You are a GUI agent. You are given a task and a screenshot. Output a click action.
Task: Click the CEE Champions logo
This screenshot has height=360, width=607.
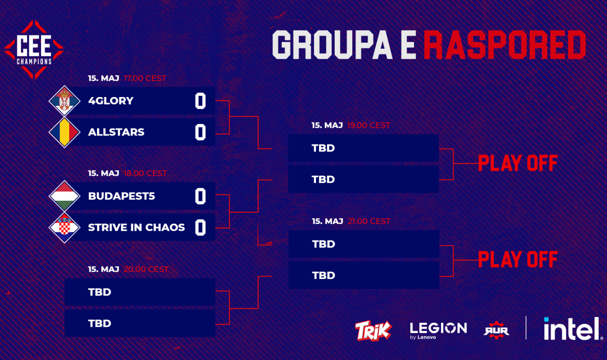click(34, 50)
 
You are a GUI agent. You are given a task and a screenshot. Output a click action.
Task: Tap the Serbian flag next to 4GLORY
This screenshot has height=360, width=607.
click(64, 101)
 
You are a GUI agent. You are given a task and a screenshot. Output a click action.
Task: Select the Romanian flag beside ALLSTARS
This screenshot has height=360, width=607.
click(64, 132)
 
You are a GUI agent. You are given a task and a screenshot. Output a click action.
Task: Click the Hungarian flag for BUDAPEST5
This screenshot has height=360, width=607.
click(64, 196)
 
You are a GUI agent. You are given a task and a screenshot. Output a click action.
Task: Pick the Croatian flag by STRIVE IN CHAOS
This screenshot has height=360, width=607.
click(64, 227)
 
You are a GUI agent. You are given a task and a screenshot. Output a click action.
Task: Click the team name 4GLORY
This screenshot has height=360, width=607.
click(111, 101)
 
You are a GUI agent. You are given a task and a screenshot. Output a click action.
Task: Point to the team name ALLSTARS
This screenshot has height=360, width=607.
click(116, 132)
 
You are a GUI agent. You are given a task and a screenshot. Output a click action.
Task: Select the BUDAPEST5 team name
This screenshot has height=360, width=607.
click(121, 196)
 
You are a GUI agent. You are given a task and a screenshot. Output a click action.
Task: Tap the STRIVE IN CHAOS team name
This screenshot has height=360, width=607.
click(136, 227)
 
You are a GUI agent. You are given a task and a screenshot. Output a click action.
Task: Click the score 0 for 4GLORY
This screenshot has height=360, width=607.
click(200, 101)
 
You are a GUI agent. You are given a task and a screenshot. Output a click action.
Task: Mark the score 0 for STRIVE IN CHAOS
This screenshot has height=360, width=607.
click(200, 228)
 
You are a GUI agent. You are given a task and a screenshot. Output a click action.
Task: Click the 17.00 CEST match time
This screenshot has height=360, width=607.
click(145, 78)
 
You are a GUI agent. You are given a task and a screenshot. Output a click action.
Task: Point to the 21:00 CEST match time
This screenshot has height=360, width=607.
click(369, 221)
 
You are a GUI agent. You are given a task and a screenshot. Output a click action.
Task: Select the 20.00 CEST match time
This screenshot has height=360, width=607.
click(146, 269)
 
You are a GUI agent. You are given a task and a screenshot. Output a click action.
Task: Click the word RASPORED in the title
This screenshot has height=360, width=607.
click(505, 45)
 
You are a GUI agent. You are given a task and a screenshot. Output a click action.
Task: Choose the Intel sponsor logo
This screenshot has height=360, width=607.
click(573, 329)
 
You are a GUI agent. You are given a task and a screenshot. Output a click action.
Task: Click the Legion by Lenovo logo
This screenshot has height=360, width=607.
click(438, 330)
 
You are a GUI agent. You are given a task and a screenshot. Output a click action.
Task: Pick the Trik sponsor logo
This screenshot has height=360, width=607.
click(373, 330)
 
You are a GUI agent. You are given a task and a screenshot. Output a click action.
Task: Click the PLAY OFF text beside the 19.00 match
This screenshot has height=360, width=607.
click(518, 163)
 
